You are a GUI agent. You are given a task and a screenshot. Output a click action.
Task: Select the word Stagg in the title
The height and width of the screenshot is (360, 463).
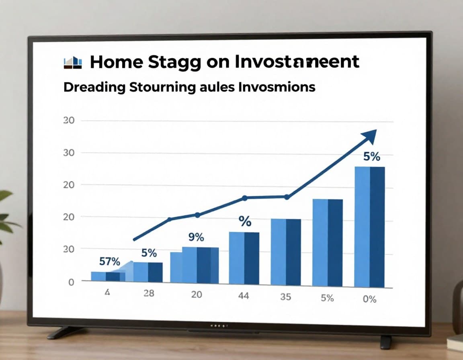[x=174, y=63]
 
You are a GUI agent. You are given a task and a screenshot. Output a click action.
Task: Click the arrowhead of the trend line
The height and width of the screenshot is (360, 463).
[x=370, y=136]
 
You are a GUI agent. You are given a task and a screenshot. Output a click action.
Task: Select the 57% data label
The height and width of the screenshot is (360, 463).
[x=109, y=262]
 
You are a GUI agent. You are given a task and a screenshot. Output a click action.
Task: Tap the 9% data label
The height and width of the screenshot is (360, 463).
[x=196, y=237]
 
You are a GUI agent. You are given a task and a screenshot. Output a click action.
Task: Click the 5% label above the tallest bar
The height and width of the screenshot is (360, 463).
[x=371, y=157]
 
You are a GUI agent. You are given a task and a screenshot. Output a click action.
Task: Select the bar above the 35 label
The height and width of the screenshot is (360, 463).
[x=285, y=252]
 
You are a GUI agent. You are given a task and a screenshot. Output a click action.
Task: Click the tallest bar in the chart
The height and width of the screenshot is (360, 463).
[x=369, y=227]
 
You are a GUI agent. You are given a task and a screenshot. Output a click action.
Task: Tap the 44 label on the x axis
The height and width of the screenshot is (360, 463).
[x=244, y=296]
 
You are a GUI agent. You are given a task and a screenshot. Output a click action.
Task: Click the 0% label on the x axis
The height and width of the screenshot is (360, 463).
[x=369, y=299]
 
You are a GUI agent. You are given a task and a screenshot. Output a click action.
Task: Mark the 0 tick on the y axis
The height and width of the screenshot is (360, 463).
[x=71, y=282]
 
